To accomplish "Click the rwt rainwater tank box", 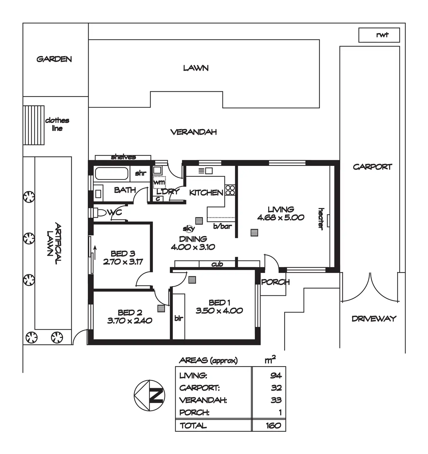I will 379,35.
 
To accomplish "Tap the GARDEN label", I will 54,59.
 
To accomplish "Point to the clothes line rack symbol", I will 34,125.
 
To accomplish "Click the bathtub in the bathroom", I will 111,174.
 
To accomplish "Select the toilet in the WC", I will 100,213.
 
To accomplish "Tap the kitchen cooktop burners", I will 230,190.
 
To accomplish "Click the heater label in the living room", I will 321,219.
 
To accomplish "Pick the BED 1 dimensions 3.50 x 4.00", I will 219,311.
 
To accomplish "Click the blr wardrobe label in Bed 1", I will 179,318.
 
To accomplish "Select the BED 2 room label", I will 130,312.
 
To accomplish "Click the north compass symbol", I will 149,395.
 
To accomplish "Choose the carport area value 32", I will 276,388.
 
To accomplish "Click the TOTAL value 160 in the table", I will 273,426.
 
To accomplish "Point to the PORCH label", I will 275,282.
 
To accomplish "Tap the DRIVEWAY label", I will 374,319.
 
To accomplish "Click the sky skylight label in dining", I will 189,229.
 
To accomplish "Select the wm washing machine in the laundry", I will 159,183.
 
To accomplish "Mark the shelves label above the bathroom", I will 123,157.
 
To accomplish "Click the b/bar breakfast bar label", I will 222,226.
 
